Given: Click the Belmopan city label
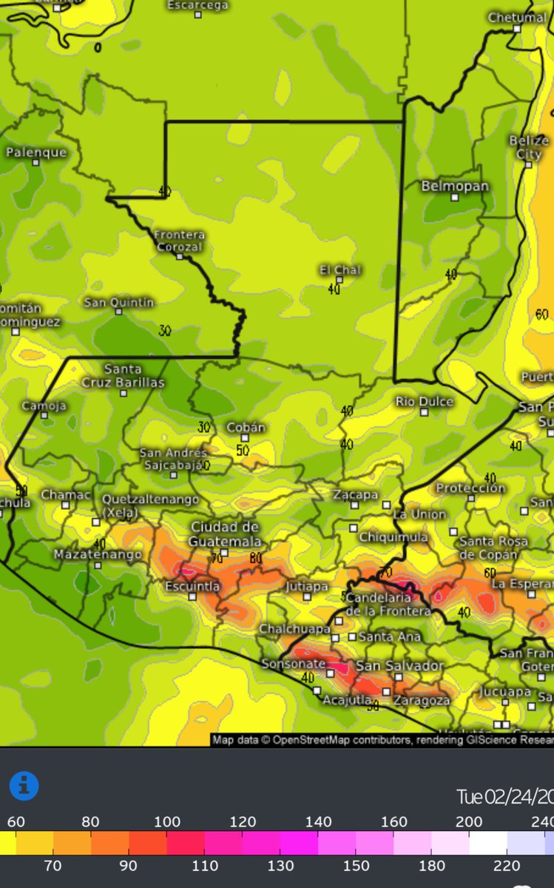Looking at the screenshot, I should pyautogui.click(x=455, y=186).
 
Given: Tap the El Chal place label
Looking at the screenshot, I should pyautogui.click(x=339, y=269).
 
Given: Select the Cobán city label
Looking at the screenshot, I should pyautogui.click(x=246, y=427).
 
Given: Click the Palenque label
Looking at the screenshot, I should pyautogui.click(x=36, y=152).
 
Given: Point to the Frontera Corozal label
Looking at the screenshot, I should pyautogui.click(x=179, y=240).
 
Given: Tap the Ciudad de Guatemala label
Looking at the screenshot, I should pyautogui.click(x=225, y=534).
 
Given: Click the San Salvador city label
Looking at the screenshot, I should pyautogui.click(x=399, y=666).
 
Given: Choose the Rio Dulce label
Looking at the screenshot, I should pyautogui.click(x=425, y=401).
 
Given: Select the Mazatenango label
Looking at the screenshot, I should pyautogui.click(x=87, y=554).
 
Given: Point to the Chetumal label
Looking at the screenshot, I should pyautogui.click(x=518, y=18).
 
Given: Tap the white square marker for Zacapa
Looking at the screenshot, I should pyautogui.click(x=354, y=505).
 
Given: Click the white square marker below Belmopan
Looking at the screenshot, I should pyautogui.click(x=455, y=198).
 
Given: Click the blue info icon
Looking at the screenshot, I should pyautogui.click(x=24, y=786).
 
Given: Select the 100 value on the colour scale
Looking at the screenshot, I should pyautogui.click(x=167, y=821).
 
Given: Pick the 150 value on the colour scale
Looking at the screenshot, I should pyautogui.click(x=357, y=865).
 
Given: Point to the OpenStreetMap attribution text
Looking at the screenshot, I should pyautogui.click(x=382, y=739).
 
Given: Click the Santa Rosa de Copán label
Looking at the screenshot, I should pyautogui.click(x=493, y=548).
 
